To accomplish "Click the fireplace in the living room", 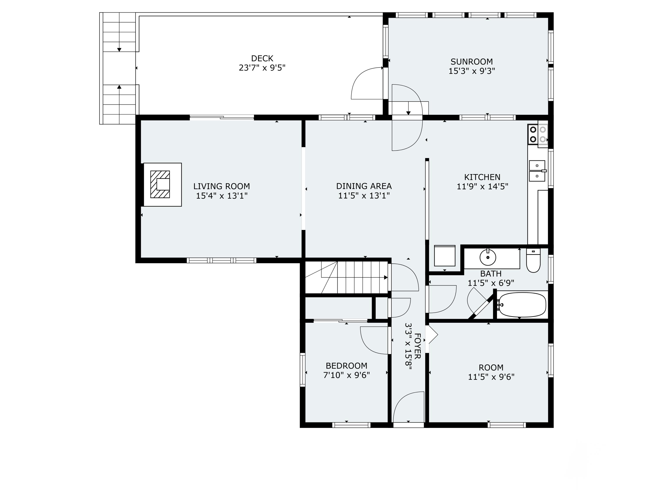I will pyautogui.click(x=160, y=184).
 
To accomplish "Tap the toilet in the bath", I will pyautogui.click(x=533, y=261).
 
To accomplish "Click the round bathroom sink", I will pyautogui.click(x=488, y=257).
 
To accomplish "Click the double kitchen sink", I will pyautogui.click(x=537, y=171).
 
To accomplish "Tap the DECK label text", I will pyautogui.click(x=262, y=58).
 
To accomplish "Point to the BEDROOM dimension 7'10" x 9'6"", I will pyautogui.click(x=346, y=375).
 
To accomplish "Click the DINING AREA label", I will pyautogui.click(x=364, y=186).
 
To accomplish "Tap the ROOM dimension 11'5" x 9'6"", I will pyautogui.click(x=491, y=377).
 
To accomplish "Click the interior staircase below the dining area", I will pyautogui.click(x=354, y=277).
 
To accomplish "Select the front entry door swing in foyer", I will pyautogui.click(x=409, y=407).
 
